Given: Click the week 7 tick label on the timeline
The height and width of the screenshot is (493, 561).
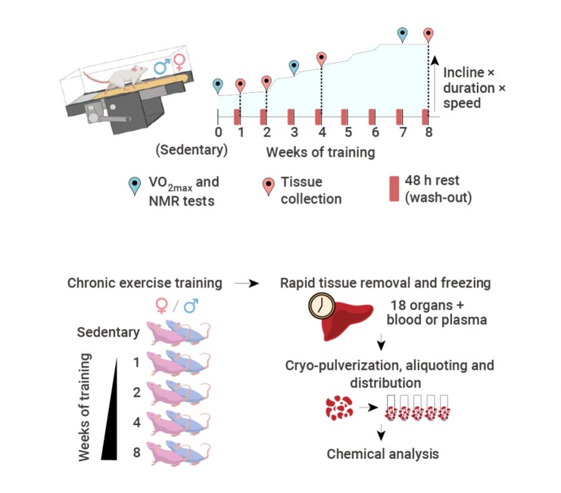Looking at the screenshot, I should (x=402, y=132).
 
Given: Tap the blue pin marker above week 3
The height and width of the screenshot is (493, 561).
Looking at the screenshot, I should (x=294, y=66).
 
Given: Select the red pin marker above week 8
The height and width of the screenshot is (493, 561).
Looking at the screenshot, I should (x=428, y=34).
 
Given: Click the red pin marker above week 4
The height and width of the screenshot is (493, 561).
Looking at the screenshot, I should (x=321, y=58).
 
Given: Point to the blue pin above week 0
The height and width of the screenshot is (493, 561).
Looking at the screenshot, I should (x=218, y=84).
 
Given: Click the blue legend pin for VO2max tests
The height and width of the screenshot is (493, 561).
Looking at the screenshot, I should (x=133, y=184).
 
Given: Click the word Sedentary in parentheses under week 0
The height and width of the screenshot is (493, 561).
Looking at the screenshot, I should (x=192, y=151).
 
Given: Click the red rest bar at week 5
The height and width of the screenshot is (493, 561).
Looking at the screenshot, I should (x=344, y=117).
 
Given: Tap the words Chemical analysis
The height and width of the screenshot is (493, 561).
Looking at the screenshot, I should (x=383, y=454).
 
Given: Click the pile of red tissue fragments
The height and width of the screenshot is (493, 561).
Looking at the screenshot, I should (x=340, y=408).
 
